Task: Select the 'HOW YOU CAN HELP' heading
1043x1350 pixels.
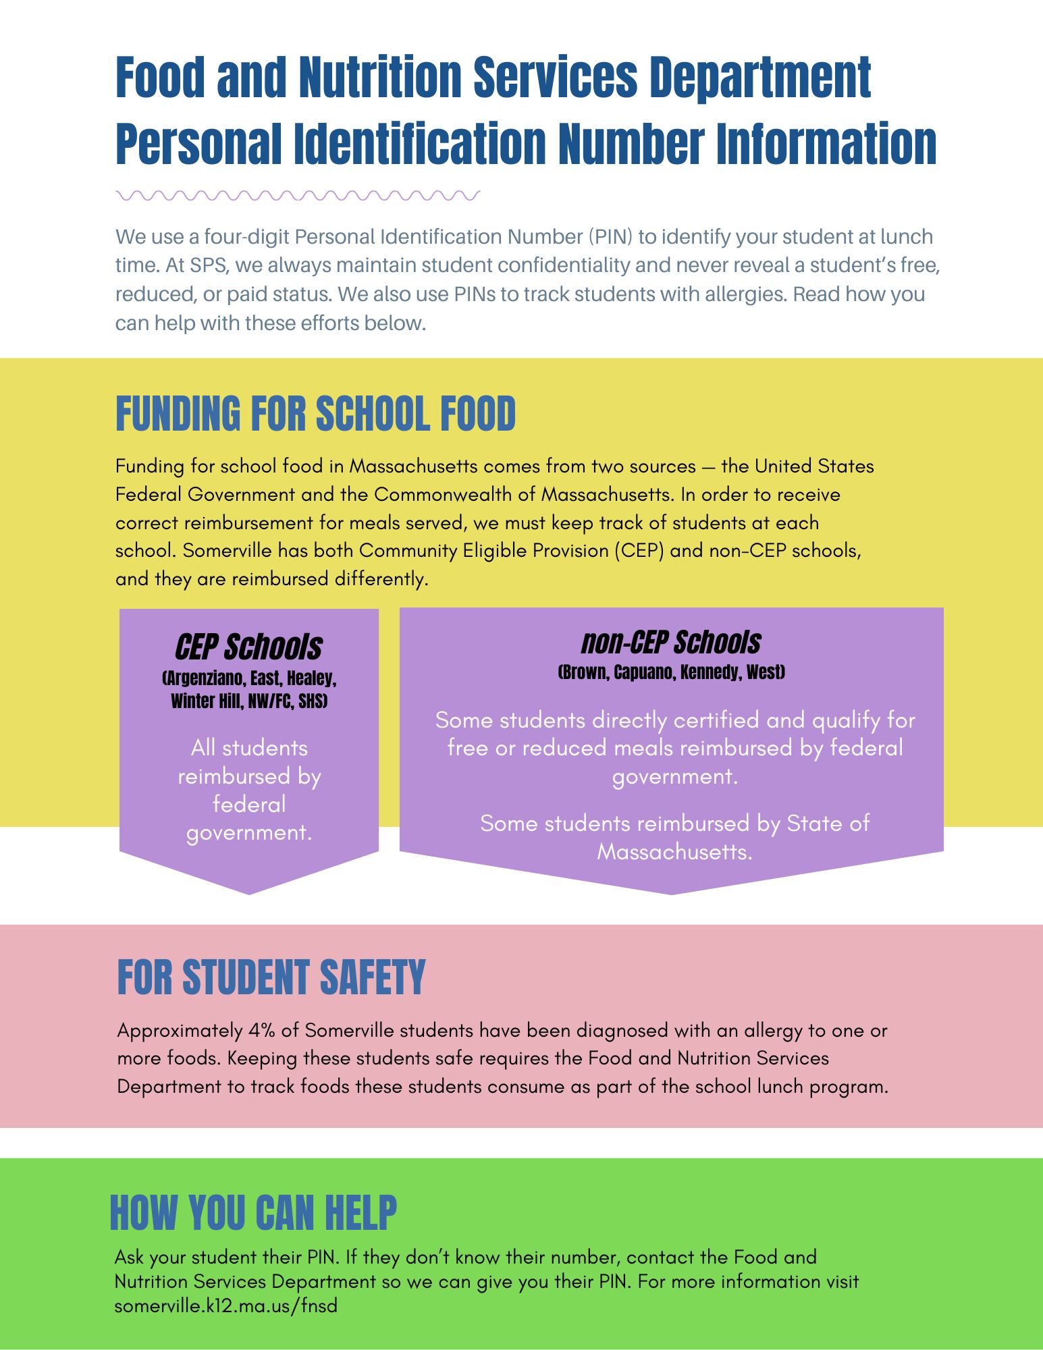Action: click(253, 1212)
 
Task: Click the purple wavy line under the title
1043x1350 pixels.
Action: click(297, 196)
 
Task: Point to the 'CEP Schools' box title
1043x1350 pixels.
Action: click(248, 647)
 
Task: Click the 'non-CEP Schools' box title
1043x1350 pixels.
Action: click(671, 643)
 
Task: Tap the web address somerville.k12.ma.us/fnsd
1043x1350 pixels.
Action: click(225, 1305)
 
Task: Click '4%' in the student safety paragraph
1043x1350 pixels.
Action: click(261, 1031)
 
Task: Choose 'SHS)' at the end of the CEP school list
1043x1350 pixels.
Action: click(313, 701)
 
